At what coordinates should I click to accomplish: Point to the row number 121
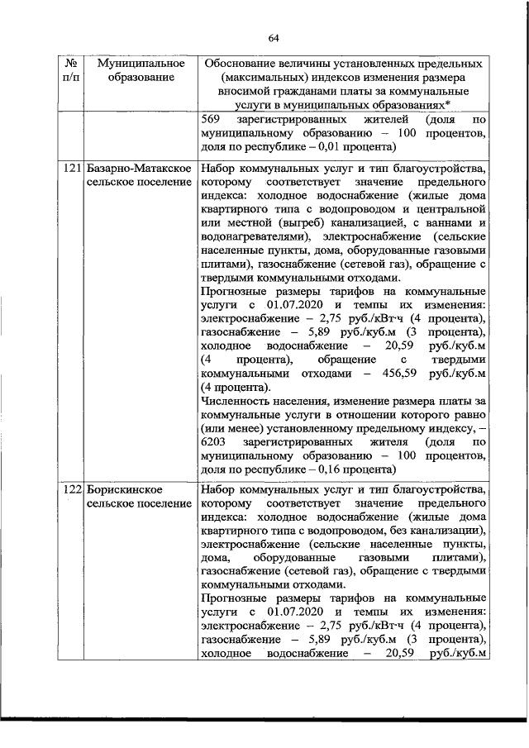tap(72, 169)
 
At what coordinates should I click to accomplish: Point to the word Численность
tap(237, 403)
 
